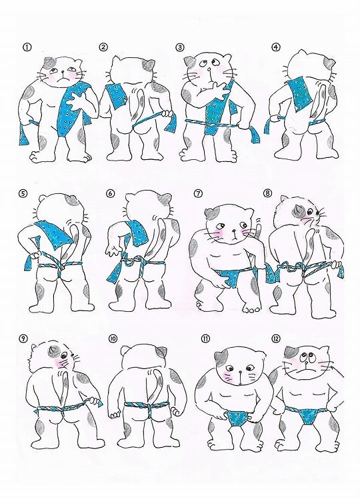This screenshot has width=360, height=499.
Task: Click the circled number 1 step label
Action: pyautogui.click(x=27, y=47)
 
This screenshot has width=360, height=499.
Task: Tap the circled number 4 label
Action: pyautogui.click(x=275, y=47)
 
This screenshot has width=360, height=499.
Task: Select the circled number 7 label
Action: pyautogui.click(x=198, y=193)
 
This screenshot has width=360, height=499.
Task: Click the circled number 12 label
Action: pyautogui.click(x=275, y=338)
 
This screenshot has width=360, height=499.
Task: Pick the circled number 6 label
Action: pyautogui.click(x=111, y=194)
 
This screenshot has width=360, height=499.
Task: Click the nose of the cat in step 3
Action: pyautogui.click(x=209, y=70)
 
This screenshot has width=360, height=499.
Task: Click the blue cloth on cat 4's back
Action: pyautogui.click(x=299, y=94)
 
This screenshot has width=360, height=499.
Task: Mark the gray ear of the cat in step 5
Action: pyautogui.click(x=71, y=201)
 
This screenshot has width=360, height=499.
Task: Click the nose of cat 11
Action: pyautogui.click(x=240, y=371)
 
